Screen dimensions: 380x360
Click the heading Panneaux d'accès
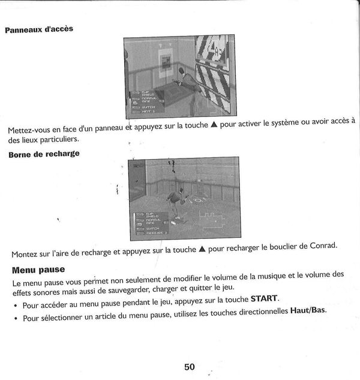click(x=39, y=29)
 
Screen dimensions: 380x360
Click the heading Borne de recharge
click(x=44, y=154)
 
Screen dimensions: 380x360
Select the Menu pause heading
click(x=38, y=270)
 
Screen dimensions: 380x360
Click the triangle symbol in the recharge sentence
click(x=202, y=248)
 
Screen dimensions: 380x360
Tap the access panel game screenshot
click(x=179, y=76)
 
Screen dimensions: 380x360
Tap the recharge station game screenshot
click(x=183, y=198)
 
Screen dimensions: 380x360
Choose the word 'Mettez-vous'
click(x=29, y=131)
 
